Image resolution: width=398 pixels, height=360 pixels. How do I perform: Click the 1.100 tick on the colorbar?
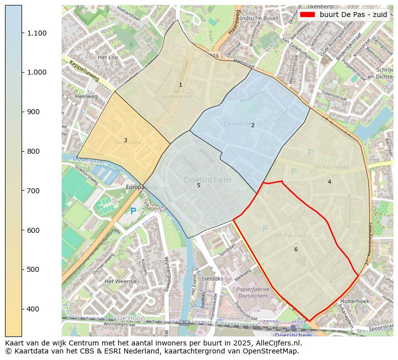tap(22, 33)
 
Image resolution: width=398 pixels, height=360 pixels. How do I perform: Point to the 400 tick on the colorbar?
tap(22, 309)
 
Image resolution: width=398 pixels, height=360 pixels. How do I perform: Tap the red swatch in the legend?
tap(307, 15)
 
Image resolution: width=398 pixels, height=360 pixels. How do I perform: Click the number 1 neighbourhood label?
tap(180, 85)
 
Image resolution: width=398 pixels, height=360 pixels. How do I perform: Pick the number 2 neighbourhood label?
tap(253, 125)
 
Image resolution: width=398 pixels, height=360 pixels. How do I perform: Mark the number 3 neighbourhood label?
tap(125, 140)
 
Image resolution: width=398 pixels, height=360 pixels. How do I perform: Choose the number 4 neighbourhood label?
tap(329, 182)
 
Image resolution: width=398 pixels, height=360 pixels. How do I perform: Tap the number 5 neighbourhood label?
tap(198, 185)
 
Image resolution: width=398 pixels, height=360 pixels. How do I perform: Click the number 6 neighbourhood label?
tap(296, 249)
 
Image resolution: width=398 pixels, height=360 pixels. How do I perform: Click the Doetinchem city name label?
tap(207, 180)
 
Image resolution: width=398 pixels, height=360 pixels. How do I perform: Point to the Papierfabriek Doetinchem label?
tap(253, 292)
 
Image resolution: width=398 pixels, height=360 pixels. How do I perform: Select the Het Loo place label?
tap(108, 58)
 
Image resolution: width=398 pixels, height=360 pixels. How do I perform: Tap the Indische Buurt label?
tap(259, 18)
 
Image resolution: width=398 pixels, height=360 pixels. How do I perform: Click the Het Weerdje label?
tap(120, 281)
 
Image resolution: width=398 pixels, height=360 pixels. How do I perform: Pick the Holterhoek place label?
tap(354, 301)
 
